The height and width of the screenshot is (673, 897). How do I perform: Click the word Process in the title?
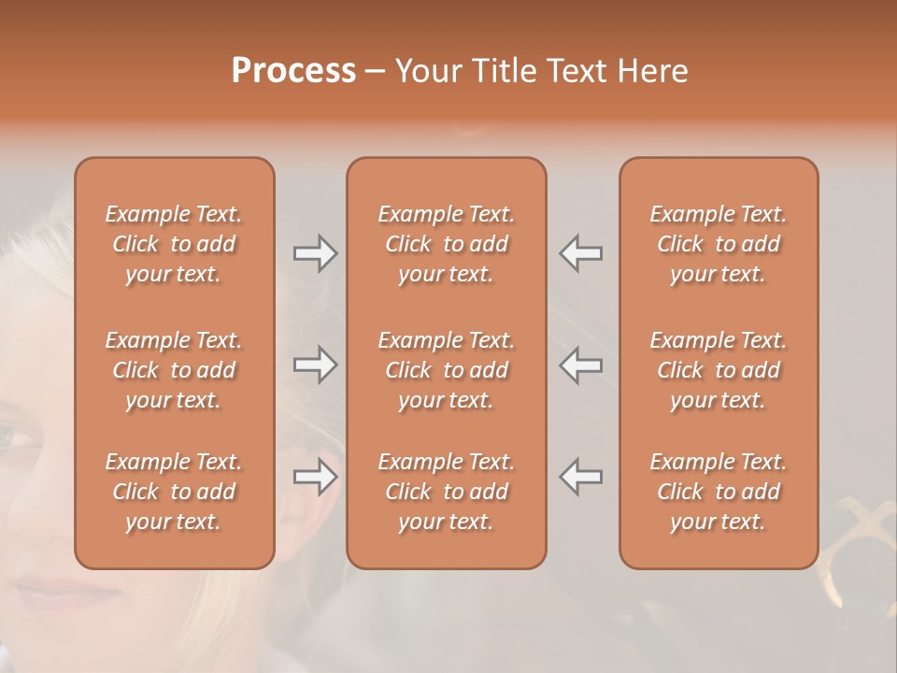293,71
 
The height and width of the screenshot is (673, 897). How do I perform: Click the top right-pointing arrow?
316,252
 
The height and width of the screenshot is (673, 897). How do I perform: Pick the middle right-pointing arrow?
316,365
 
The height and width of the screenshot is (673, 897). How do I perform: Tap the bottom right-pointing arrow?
316,477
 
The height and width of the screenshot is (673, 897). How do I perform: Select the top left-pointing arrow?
580,252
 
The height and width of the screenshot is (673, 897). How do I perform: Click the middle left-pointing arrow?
580,365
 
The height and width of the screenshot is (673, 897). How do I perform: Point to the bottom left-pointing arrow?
580,477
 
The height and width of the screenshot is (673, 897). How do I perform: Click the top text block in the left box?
174,244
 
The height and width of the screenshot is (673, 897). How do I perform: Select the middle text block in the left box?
174,370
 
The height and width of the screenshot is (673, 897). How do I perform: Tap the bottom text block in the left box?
174,492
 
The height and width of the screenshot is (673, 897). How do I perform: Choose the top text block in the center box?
446,244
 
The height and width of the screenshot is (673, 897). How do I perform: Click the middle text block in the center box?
446,370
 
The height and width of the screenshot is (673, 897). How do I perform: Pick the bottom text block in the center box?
446,492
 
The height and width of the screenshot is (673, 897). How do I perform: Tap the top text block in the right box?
719,244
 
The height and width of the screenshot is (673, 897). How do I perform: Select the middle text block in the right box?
719,370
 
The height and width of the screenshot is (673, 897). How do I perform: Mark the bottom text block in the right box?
719,492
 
